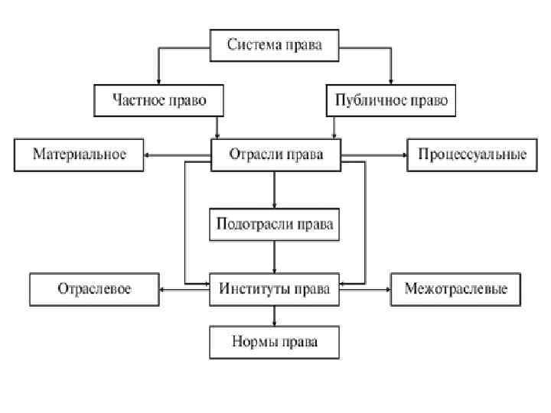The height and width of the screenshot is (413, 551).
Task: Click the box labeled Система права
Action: click(x=275, y=44)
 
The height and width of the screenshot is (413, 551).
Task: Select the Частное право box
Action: click(x=160, y=100)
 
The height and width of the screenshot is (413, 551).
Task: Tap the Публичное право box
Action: click(x=391, y=100)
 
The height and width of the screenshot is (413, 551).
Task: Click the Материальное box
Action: click(x=79, y=154)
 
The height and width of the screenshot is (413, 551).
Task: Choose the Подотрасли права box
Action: click(x=275, y=225)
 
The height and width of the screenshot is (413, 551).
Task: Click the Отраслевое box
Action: click(x=94, y=289)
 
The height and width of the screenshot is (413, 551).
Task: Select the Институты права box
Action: click(x=275, y=289)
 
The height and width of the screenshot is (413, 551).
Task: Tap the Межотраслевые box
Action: click(x=457, y=289)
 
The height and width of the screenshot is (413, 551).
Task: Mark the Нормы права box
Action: click(x=275, y=342)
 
